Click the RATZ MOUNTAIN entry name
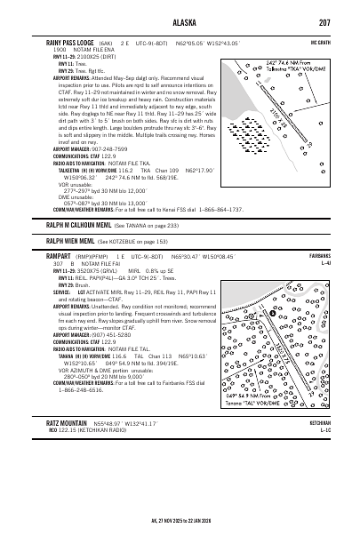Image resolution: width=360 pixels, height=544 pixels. click(x=66, y=425)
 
